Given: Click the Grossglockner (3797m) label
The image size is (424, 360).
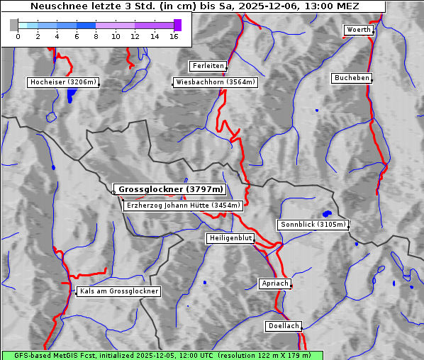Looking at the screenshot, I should (170, 190).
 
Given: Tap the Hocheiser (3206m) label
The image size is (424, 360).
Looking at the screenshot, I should (62, 82).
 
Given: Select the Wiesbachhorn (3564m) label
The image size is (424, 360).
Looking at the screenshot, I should (216, 82).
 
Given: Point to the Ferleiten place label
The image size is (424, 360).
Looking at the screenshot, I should (208, 66).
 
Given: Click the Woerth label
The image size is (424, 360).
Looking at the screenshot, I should (358, 30).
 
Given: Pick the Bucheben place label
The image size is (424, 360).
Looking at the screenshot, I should (352, 77).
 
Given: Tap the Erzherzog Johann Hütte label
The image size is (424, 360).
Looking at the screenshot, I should (183, 206).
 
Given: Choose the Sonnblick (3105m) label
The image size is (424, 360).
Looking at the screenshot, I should (313, 225).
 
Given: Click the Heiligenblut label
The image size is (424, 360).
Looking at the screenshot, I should (230, 238).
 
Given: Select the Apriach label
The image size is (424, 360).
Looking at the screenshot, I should (274, 283).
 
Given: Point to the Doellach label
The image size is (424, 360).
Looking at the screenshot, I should (283, 326).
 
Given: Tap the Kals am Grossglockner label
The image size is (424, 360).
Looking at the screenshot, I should (119, 291).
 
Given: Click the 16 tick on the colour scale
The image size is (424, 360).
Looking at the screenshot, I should (174, 35).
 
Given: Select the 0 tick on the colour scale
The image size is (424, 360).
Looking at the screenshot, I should (18, 35).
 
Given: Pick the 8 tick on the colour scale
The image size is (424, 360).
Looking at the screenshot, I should (96, 35).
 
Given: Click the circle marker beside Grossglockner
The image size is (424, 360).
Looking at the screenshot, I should (113, 192).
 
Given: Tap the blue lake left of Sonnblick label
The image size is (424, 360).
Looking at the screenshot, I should (327, 213).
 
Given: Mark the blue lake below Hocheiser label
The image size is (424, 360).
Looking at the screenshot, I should (69, 96).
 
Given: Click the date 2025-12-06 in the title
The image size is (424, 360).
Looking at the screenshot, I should (268, 6).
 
